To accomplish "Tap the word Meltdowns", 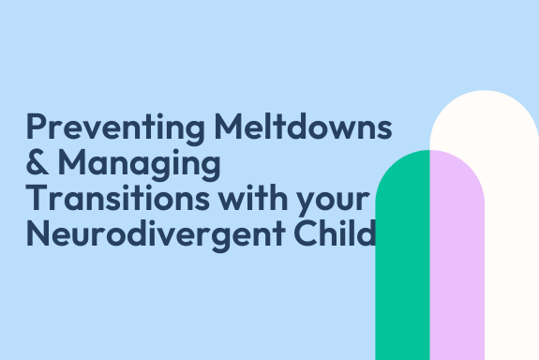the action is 303,126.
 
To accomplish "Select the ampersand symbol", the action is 37,161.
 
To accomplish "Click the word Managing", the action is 140,165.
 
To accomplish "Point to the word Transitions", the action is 117,197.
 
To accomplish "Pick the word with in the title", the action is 253,197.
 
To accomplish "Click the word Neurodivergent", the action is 156,235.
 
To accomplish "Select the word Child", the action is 335,232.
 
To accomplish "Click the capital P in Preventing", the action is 37,126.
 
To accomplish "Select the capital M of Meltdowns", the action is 229,126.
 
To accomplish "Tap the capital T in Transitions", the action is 37,198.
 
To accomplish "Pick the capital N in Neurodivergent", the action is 37,232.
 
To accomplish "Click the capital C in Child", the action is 306,233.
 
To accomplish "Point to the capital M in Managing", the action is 72,162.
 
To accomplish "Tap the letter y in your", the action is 307,203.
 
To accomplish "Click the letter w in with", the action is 233,201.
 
